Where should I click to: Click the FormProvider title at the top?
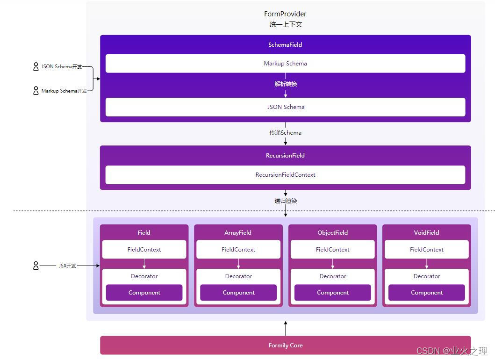pos(285,14)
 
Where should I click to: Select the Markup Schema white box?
pos(285,64)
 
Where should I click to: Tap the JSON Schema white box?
pos(285,107)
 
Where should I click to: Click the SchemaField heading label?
pos(285,45)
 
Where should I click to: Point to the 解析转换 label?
pos(286,84)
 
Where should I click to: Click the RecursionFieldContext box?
pos(285,175)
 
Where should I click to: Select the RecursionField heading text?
pos(285,156)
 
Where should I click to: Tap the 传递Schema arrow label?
pos(285,133)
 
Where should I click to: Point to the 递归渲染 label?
pos(286,201)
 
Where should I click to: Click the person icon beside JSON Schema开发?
pos(36,67)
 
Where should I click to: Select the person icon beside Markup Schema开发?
pos(36,91)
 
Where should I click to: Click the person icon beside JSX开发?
pos(36,266)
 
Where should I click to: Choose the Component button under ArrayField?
pos(238,293)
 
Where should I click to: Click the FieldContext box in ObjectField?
pos(332,250)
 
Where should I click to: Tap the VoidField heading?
pos(426,233)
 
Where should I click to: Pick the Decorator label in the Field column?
pos(144,276)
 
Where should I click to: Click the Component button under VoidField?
pos(426,293)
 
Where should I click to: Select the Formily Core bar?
pos(285,346)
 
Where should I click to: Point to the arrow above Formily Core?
pos(286,328)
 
